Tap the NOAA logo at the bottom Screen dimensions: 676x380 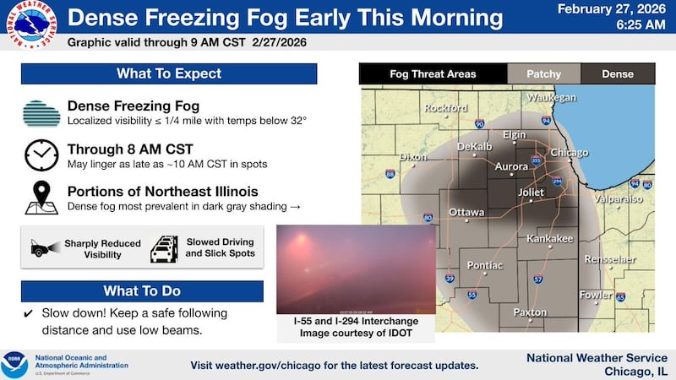(x=14, y=365)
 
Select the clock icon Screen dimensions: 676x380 (x=41, y=155)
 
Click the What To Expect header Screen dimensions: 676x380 (x=169, y=73)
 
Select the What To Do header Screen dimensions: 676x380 (x=142, y=291)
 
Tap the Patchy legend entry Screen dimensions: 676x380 (x=543, y=74)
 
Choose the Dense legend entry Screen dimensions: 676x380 (x=617, y=74)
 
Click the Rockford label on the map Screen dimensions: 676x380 (x=446, y=108)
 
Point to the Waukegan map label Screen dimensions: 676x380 (x=551, y=98)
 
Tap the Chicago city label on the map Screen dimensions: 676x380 (x=569, y=153)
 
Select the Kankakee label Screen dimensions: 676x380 (x=549, y=239)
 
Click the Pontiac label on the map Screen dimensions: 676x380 (x=485, y=266)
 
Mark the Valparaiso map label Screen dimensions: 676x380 (x=619, y=198)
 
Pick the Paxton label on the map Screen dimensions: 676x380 (x=530, y=312)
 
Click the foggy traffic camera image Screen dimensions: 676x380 (x=356, y=269)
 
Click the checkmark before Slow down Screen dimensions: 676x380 (x=29, y=312)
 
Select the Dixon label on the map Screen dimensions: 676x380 (x=413, y=157)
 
